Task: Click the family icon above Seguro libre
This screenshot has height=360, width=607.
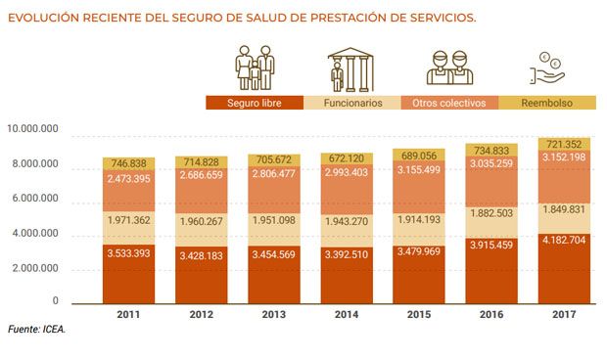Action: point(254,67)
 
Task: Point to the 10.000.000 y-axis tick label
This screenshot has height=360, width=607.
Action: point(33,129)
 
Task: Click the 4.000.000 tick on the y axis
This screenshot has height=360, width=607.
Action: point(35,235)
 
